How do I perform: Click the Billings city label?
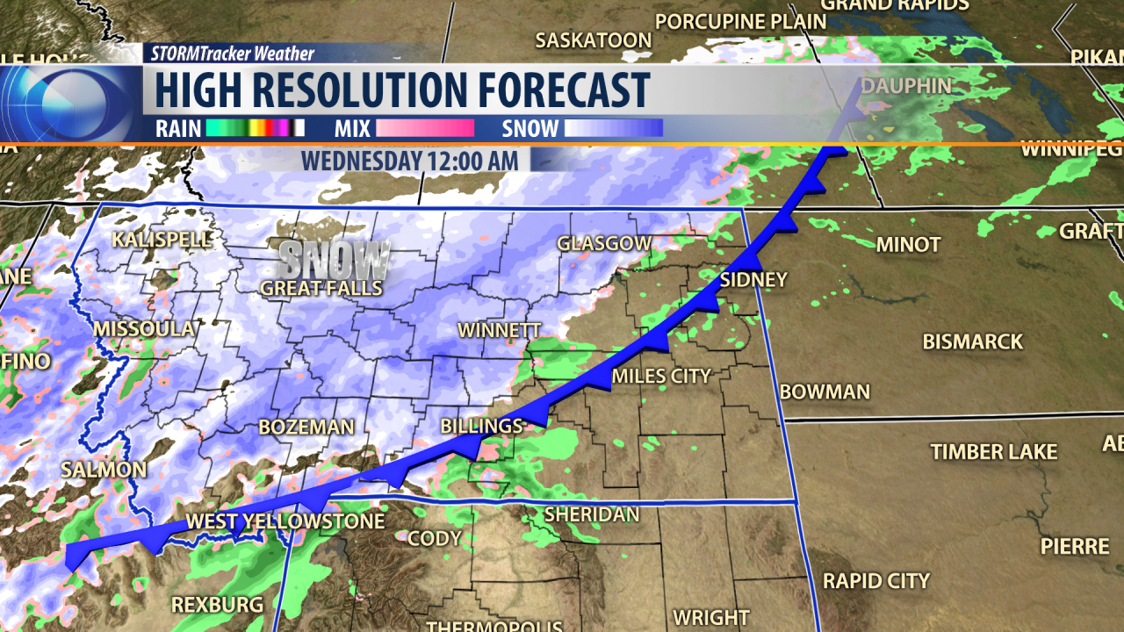[481, 426]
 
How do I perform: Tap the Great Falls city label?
[321, 288]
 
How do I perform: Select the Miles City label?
[660, 376]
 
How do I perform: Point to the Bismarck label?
[972, 341]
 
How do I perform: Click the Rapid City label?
[875, 580]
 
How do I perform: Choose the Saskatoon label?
[594, 40]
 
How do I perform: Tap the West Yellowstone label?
[285, 521]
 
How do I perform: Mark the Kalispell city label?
[162, 240]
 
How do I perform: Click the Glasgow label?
[605, 243]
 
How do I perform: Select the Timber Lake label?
[993, 452]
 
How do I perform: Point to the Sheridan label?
[591, 514]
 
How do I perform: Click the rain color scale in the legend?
[256, 128]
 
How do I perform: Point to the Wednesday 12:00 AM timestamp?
[415, 161]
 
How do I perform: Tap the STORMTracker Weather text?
[233, 54]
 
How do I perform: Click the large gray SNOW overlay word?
[335, 259]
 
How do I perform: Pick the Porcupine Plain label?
[741, 21]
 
